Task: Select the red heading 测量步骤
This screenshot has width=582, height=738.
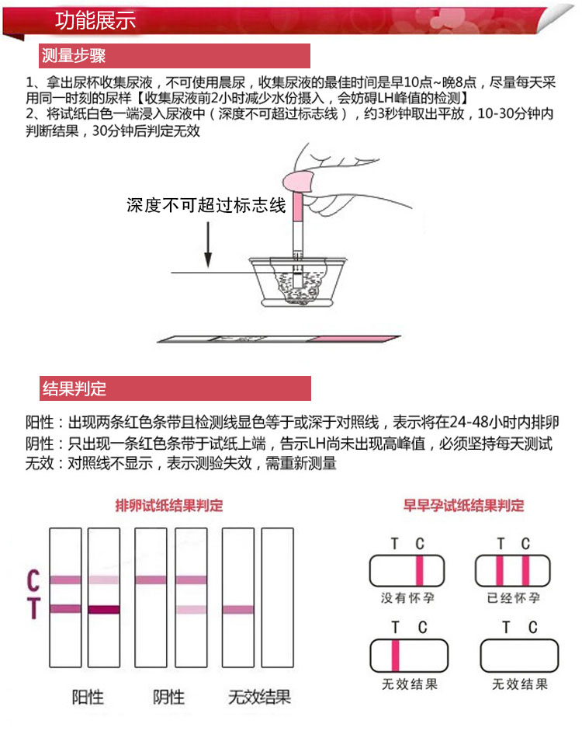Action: [74, 56]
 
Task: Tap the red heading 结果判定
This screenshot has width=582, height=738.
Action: [74, 388]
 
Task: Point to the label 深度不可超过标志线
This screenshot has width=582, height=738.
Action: [206, 205]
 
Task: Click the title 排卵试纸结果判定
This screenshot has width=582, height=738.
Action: [168, 506]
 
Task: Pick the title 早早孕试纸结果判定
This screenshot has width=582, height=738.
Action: [463, 506]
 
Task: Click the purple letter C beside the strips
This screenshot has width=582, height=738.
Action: [33, 580]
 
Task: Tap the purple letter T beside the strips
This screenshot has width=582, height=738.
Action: [33, 610]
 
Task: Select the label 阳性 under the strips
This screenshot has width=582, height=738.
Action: [88, 696]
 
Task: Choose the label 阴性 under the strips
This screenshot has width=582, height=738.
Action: [169, 696]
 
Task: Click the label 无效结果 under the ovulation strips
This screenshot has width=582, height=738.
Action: [259, 696]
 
